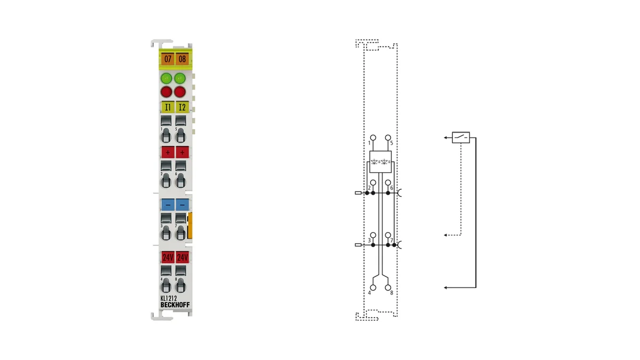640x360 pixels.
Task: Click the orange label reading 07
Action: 167,59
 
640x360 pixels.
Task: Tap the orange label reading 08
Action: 182,59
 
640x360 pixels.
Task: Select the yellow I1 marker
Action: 167,107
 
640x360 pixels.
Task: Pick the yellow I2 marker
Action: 182,107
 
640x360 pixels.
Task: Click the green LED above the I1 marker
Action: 166,78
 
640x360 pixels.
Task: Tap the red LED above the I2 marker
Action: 180,92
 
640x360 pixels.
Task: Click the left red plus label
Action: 167,153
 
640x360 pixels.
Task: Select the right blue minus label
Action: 182,205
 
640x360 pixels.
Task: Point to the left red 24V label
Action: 167,258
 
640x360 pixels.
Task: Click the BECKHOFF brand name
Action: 175,305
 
